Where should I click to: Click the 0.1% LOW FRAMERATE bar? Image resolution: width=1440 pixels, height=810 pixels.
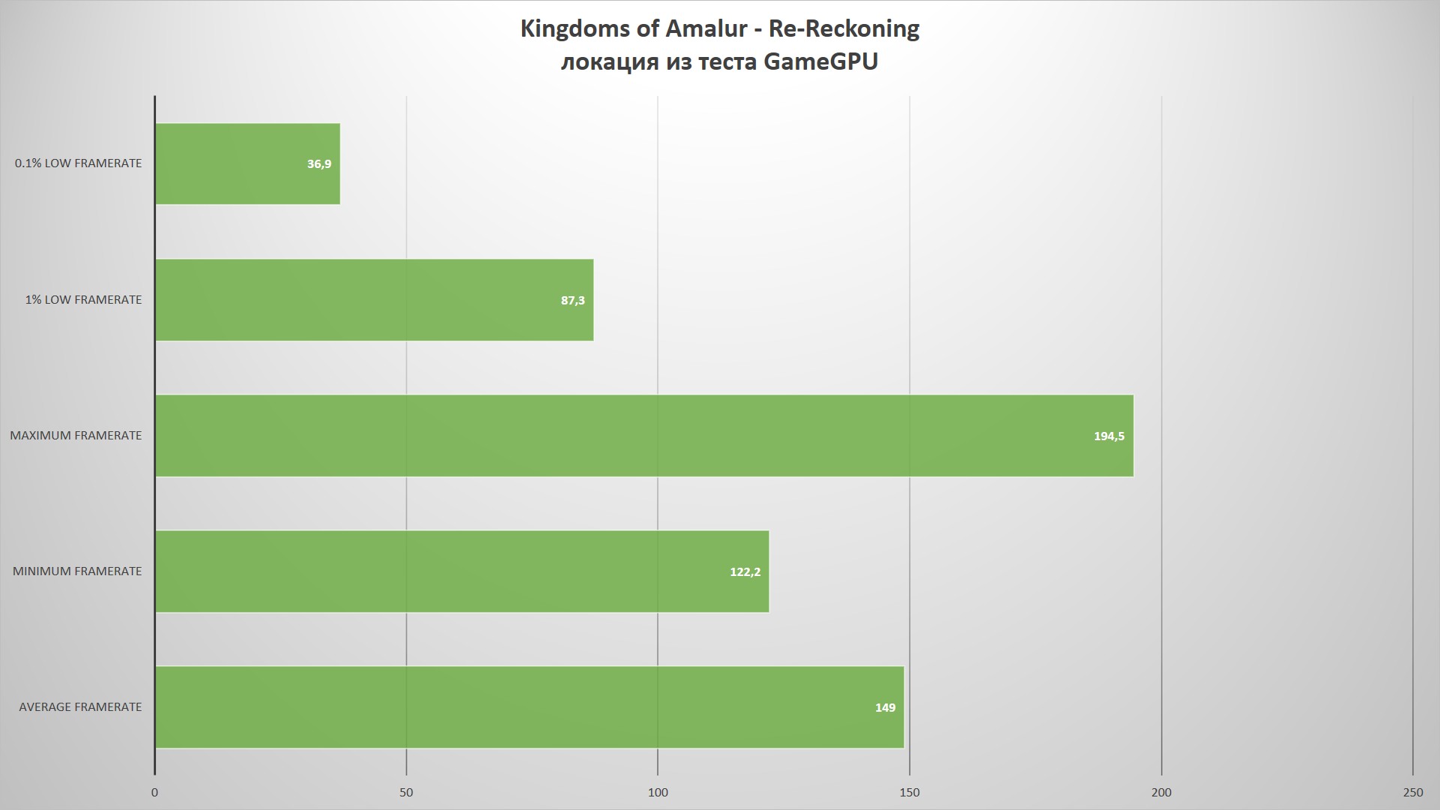point(247,163)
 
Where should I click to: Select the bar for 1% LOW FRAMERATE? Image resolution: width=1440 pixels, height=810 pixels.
point(374,300)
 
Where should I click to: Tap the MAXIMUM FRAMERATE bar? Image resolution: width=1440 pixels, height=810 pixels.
point(644,436)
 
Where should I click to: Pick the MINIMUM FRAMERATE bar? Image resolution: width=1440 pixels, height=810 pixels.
point(462,571)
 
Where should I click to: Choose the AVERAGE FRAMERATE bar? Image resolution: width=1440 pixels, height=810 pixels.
point(529,707)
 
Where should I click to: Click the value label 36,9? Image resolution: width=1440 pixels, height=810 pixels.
point(319,164)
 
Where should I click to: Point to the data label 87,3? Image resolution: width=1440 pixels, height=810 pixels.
point(572,301)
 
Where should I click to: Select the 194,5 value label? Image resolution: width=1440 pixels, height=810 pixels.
point(1108,436)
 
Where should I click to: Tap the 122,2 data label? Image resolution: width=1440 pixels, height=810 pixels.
point(745,572)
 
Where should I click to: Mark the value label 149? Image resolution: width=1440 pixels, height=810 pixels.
point(885,708)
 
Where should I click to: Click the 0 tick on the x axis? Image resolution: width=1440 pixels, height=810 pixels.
point(154,793)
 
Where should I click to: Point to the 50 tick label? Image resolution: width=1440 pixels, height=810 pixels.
point(406,793)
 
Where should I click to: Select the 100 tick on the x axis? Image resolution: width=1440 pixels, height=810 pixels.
point(658,793)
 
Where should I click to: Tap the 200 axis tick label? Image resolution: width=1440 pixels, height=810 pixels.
point(1161,793)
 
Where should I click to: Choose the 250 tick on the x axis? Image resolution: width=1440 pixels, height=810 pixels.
point(1412,793)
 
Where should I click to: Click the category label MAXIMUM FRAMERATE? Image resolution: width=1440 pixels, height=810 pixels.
point(76,436)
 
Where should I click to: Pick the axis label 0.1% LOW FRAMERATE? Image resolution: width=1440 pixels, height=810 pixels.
point(78,163)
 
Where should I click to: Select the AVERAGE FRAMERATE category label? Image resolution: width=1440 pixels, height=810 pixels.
point(80,707)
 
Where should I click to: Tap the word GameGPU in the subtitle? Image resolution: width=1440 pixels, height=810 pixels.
point(820,61)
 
